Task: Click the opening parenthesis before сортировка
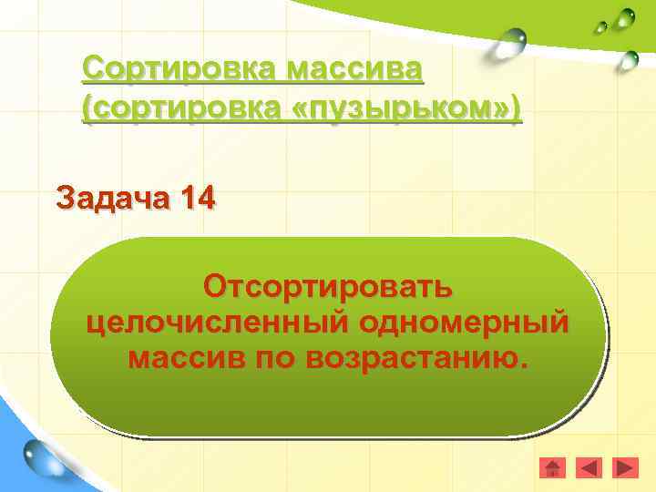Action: click(x=87, y=110)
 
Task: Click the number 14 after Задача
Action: click(x=198, y=197)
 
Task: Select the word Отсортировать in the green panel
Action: click(x=328, y=287)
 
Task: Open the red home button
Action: click(x=552, y=468)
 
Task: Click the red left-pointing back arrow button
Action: click(x=590, y=468)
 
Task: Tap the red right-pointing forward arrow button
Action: click(x=625, y=468)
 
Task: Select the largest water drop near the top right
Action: click(x=513, y=42)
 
